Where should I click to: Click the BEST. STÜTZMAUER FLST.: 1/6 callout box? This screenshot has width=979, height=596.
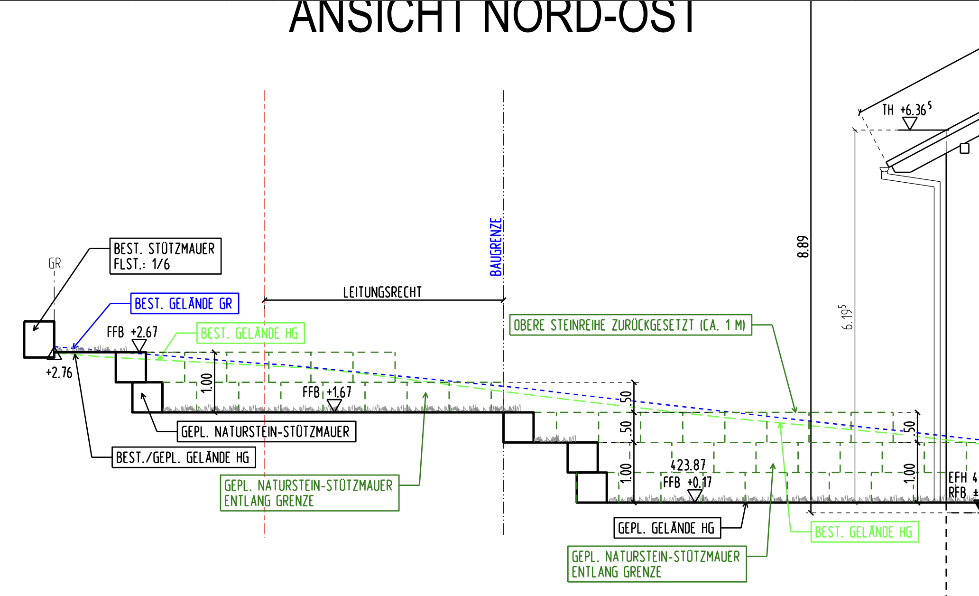point(165,256)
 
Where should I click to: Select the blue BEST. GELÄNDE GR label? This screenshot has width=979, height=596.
point(185,304)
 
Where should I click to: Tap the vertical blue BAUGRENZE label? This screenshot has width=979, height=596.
point(496,247)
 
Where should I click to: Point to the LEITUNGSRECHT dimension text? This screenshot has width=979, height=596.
point(382,292)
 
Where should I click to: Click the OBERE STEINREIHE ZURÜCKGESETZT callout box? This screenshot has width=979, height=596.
point(630,325)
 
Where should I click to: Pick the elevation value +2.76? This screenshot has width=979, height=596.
point(59,373)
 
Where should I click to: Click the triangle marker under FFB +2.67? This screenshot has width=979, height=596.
point(139,345)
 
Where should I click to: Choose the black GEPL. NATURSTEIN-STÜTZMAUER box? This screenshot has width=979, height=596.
point(266,432)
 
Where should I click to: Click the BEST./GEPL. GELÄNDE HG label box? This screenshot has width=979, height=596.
point(184,457)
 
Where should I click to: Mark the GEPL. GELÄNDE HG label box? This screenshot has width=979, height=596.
point(667,528)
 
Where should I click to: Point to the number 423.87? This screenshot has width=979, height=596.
point(688,465)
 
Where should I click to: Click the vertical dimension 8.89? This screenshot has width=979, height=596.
point(803,247)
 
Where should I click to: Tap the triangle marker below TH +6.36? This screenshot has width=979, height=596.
point(909,123)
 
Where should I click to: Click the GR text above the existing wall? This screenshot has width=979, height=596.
point(55,263)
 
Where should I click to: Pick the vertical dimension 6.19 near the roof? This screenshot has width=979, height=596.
point(847,317)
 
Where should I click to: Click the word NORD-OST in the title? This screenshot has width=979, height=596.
point(589,18)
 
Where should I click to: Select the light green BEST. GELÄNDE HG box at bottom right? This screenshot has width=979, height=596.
point(864,532)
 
